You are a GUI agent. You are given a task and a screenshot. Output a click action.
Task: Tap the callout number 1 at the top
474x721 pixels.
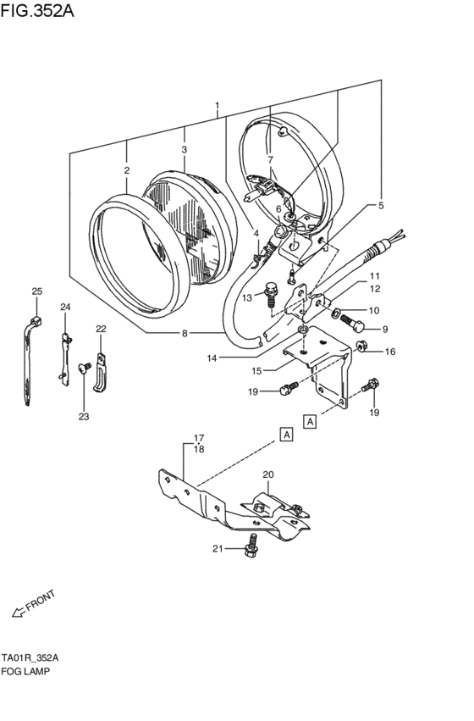[217, 107]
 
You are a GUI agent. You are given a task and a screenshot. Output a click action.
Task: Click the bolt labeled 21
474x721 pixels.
[250, 550]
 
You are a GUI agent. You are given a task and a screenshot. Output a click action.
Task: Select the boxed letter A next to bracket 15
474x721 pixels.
[311, 421]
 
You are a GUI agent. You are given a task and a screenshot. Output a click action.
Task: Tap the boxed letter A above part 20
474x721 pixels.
[287, 434]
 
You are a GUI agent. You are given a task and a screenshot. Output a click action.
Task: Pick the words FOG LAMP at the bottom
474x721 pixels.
[26, 670]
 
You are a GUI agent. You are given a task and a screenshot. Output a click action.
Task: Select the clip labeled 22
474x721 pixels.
[101, 372]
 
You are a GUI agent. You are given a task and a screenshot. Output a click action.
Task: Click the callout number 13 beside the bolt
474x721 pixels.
[247, 298]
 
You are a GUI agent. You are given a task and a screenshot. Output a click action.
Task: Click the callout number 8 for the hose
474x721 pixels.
[185, 333]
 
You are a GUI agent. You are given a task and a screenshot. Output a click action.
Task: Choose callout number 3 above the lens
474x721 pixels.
[184, 149]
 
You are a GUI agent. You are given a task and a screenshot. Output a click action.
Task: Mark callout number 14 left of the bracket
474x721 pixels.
[211, 358]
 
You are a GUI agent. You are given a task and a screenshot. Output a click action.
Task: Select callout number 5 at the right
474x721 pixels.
[381, 205]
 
